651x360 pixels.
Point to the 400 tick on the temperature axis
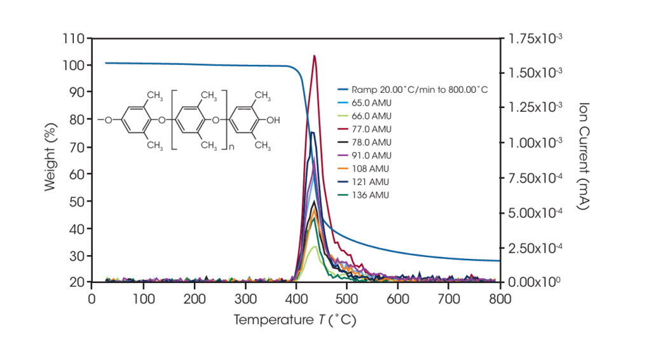click(x=296, y=297)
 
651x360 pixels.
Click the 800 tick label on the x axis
click(x=500, y=297)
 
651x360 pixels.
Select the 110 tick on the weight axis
click(x=74, y=38)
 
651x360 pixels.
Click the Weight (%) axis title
click(x=51, y=159)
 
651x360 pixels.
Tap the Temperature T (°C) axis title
click(x=295, y=319)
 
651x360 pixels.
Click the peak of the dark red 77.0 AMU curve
click(x=314, y=56)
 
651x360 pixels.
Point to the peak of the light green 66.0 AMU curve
click(x=314, y=246)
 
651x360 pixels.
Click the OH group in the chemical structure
click(x=273, y=118)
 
